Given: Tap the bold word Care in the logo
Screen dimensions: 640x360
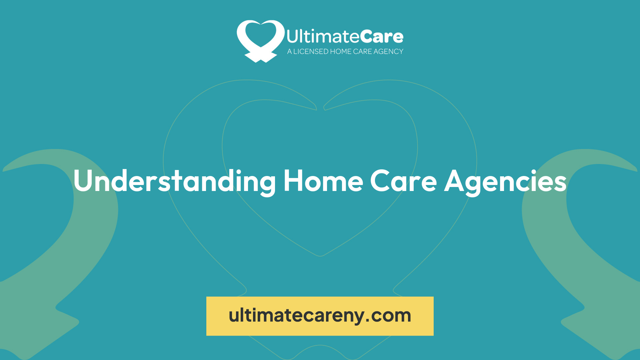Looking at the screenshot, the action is pos(381,37).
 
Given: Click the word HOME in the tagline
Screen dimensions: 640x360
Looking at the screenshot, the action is pos(341,52).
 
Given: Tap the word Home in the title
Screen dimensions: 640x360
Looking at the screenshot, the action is pos(323,181).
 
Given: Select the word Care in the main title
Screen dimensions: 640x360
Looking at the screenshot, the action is pos(403,181).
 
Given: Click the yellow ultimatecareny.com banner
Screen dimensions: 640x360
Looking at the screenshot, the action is pos(320,316).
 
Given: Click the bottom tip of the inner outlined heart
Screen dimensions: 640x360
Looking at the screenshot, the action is pos(320,256).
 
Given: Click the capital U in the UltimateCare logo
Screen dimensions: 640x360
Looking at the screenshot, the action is pos(292,37).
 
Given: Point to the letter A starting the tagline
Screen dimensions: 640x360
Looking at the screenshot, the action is pos(289,52).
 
